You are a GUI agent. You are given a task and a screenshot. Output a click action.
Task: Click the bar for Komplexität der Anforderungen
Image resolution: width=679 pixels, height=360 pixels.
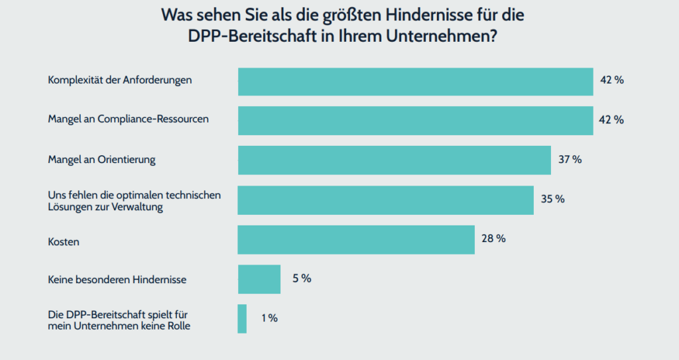click(415, 82)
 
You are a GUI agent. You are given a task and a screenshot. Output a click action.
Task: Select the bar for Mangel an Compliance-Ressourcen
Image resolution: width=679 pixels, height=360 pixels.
click(415, 121)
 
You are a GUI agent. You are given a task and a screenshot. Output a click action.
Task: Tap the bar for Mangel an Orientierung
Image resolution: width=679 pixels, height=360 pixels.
click(394, 160)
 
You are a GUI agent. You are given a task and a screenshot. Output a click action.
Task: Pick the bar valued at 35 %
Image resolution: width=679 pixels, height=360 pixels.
click(385, 200)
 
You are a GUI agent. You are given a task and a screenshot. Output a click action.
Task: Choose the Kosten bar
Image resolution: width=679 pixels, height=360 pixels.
click(356, 239)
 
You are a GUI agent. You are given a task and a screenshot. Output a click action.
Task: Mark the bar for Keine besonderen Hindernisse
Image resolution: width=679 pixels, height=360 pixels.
click(259, 279)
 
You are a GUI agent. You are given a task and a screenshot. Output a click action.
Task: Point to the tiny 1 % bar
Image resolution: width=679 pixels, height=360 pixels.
click(242, 319)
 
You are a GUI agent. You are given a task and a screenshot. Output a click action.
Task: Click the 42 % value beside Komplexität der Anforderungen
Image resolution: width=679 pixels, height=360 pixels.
click(611, 80)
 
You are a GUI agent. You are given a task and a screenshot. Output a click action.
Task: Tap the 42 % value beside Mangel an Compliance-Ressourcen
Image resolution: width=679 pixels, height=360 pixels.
click(611, 120)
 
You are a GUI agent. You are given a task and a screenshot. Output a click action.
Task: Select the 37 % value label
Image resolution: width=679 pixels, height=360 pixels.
click(570, 160)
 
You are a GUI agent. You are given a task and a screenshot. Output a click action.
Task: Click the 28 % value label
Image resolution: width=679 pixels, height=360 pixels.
click(493, 239)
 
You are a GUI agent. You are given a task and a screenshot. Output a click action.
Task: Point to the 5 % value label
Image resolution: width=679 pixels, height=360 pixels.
click(302, 278)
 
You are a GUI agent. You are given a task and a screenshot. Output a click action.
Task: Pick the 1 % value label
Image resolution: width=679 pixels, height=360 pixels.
click(269, 318)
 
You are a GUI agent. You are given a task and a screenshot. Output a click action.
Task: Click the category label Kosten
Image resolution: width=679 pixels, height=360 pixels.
click(64, 242)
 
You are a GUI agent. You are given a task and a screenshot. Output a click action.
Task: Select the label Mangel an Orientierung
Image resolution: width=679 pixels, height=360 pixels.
click(101, 160)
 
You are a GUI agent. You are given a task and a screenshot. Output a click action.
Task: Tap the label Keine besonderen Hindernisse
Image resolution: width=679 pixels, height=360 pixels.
click(117, 280)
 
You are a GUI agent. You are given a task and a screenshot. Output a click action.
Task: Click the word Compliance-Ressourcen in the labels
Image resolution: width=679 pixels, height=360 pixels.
click(153, 120)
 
